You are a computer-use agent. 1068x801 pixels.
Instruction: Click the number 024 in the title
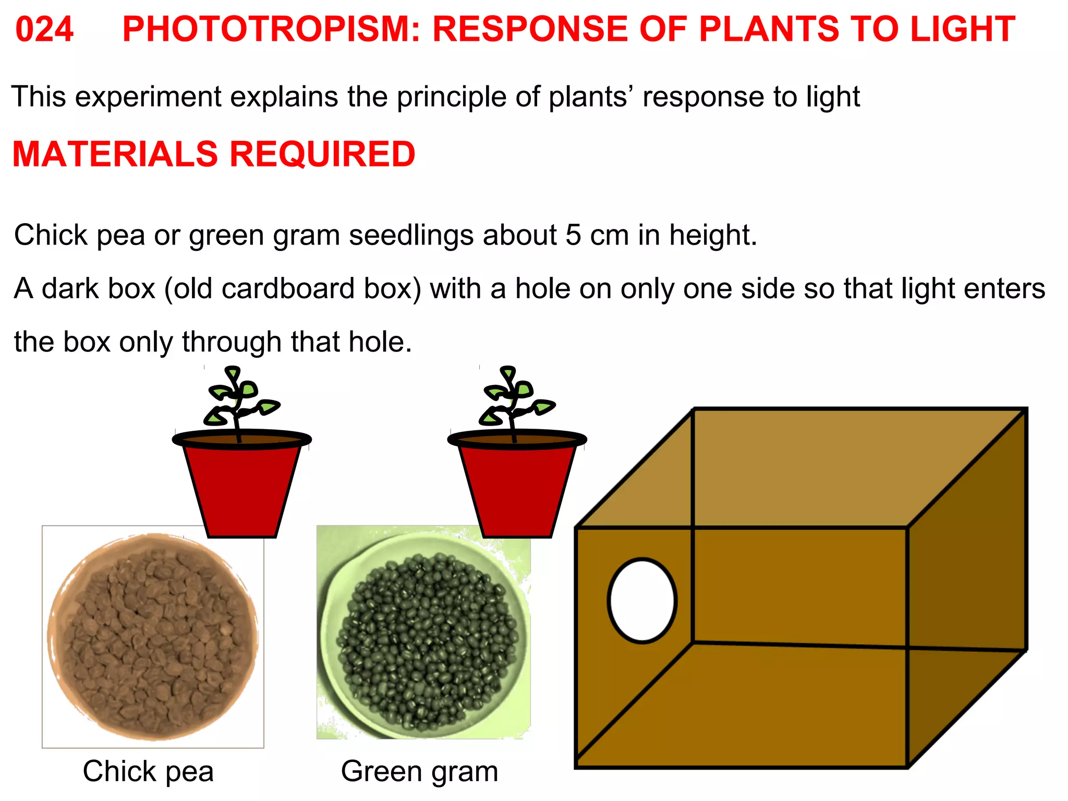(44, 29)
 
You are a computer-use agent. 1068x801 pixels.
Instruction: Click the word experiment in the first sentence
(149, 97)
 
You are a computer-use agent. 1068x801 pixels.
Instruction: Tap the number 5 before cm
(573, 235)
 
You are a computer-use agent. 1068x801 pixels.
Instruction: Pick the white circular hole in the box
(642, 600)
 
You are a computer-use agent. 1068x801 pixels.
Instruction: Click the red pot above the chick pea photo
(241, 488)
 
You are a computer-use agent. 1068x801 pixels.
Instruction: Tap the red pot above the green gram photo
(517, 488)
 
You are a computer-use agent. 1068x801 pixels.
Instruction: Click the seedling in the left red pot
(238, 402)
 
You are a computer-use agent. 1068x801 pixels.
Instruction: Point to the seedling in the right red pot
(514, 402)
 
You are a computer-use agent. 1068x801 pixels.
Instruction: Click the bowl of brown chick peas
(153, 636)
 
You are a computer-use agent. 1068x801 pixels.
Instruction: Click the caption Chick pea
(148, 771)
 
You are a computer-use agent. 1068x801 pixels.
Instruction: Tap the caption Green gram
(419, 771)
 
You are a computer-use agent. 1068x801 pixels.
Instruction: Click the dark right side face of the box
(967, 584)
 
